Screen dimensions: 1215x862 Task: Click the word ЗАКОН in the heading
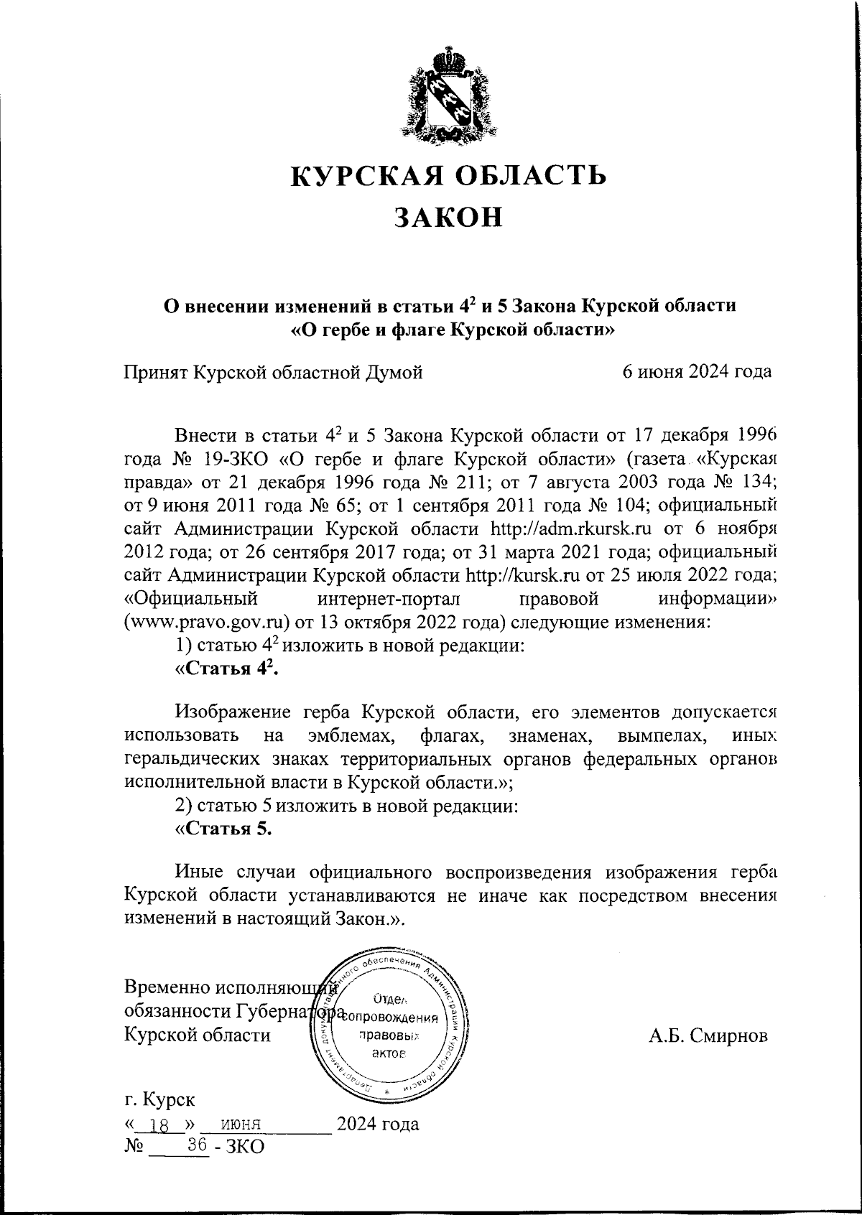[448, 218]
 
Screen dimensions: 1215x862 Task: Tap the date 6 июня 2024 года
[697, 371]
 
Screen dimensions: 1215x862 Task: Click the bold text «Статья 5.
[224, 828]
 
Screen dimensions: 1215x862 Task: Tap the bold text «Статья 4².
[227, 669]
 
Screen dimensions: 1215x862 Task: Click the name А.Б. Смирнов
[708, 1035]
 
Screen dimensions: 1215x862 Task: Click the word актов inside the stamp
[390, 1053]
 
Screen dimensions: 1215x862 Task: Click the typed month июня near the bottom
[244, 1125]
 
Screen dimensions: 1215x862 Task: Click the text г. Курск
[159, 1100]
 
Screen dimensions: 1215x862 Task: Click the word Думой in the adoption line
[391, 371]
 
